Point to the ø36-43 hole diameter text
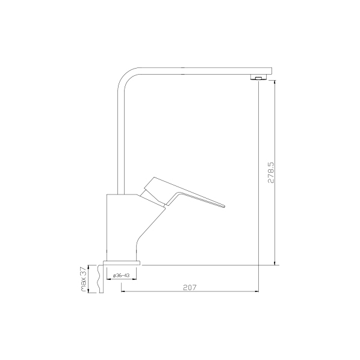[122, 275]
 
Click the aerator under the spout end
[257, 78]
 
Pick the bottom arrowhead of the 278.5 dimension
[276, 262]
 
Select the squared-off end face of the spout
[271, 71]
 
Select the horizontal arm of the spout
[199, 71]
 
